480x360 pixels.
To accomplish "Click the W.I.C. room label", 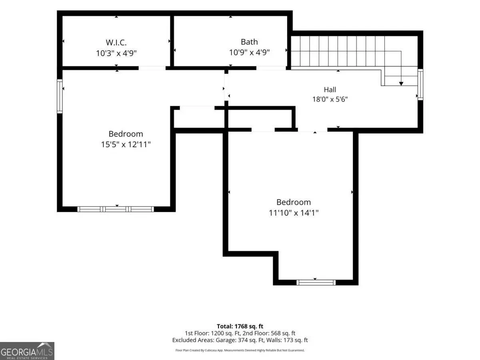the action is (x=116, y=42).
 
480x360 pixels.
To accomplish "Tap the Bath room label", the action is (x=249, y=42).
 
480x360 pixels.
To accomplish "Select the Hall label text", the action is (x=330, y=90).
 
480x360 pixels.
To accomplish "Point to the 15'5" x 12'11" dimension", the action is (x=126, y=144).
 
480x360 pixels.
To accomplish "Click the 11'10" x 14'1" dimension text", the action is (x=294, y=213).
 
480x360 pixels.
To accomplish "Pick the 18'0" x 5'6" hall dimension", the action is (x=330, y=100).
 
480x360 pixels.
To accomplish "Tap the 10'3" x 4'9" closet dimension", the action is (x=116, y=53).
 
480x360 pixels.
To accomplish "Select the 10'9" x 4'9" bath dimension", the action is (x=249, y=52).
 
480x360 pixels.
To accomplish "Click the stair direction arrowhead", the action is (x=401, y=84).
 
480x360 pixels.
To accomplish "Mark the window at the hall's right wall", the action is (x=420, y=84).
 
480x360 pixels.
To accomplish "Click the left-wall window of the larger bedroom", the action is (x=60, y=96).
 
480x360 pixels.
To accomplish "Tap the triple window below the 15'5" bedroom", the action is (x=116, y=209).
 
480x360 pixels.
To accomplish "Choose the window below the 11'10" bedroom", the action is (x=316, y=282).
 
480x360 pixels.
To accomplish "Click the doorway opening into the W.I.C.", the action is (x=152, y=68).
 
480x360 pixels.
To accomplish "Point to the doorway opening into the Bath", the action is (x=271, y=68).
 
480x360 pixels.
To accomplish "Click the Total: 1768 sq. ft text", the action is (x=240, y=326).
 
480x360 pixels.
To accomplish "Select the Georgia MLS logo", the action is (x=27, y=351).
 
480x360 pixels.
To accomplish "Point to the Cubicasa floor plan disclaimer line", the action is (x=240, y=350).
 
